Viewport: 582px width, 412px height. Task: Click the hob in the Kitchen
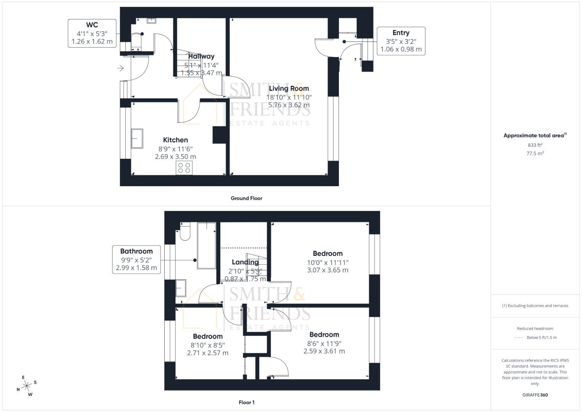click(184, 168)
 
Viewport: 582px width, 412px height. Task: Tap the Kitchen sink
click(137, 138)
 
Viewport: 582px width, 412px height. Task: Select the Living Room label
click(289, 89)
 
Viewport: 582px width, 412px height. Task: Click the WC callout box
click(92, 33)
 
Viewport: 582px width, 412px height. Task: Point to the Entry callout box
click(401, 41)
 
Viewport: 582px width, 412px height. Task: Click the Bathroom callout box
click(136, 259)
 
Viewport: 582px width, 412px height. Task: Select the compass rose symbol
click(27, 386)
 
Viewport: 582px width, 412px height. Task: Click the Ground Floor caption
click(246, 198)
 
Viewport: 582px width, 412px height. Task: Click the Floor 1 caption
click(246, 402)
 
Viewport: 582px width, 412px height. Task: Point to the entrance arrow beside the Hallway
click(120, 68)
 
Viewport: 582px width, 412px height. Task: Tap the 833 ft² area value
click(535, 145)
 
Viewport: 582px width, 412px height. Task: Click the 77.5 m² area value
click(535, 153)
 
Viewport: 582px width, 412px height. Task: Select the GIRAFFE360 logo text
click(535, 395)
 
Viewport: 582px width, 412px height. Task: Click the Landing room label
click(245, 262)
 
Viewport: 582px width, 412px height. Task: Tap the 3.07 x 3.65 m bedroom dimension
click(327, 270)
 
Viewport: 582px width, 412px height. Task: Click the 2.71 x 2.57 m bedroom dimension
click(208, 353)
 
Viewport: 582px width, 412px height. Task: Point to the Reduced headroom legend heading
click(535, 328)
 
